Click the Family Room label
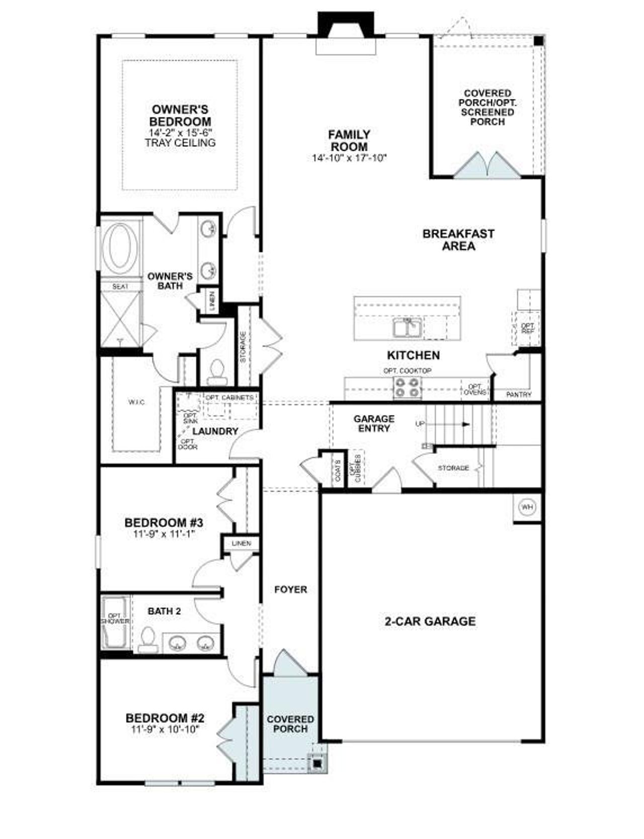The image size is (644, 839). coord(349,141)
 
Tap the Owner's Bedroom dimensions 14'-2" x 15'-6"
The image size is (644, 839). coord(181,132)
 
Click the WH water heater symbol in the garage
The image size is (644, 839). coord(527,507)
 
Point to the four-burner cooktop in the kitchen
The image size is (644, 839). coord(407,388)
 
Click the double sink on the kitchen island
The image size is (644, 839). coord(408,328)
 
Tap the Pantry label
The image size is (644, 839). coord(518,395)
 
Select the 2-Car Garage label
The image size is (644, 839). coord(430,621)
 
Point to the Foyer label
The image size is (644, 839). coord(290,589)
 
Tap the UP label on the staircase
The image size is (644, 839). coord(420,424)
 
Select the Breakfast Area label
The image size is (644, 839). coord(458,240)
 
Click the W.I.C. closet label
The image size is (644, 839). coord(136,402)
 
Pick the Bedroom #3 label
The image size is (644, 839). coord(164,523)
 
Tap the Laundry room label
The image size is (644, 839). coord(215,431)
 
